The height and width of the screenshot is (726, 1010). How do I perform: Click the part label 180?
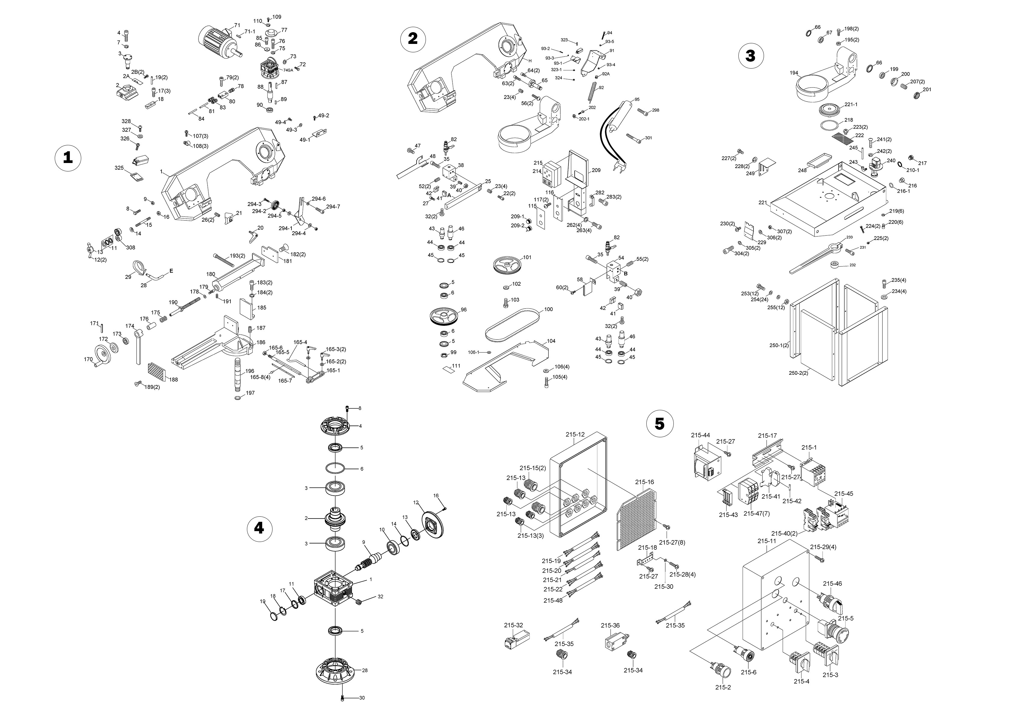[x=211, y=274]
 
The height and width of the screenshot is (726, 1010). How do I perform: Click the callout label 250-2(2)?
[x=799, y=373]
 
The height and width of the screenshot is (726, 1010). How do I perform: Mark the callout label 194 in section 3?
[x=793, y=73]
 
